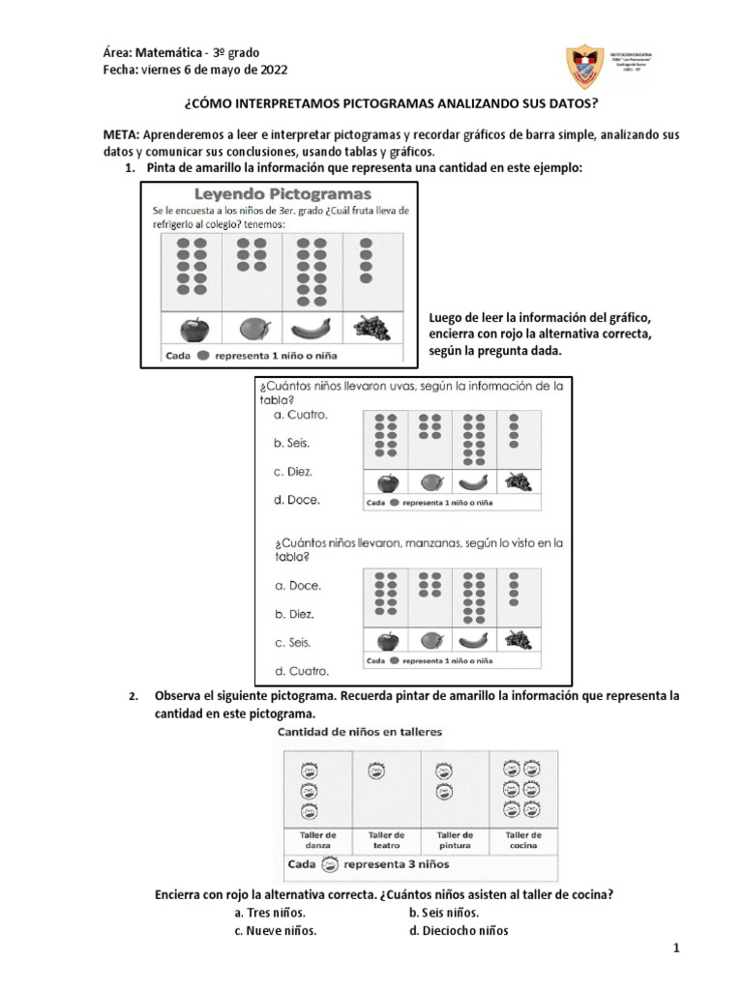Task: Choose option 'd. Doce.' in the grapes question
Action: coord(297,500)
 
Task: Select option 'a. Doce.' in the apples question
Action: coord(298,586)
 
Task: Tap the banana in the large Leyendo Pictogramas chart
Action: coord(310,330)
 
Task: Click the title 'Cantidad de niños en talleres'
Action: coord(360,732)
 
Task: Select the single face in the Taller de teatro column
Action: coord(374,770)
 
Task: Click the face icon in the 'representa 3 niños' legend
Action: coord(329,863)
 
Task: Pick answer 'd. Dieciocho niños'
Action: coord(459,931)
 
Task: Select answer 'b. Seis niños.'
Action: coord(444,913)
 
